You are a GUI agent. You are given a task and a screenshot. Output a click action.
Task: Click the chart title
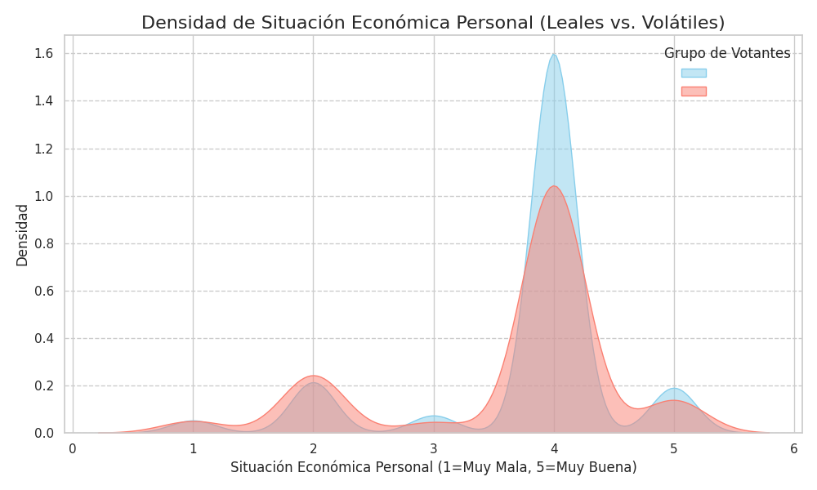[433, 22]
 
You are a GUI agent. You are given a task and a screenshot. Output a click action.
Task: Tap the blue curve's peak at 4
[554, 55]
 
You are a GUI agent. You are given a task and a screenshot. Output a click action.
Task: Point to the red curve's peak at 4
[554, 187]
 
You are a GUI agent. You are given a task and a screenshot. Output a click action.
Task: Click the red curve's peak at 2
[313, 376]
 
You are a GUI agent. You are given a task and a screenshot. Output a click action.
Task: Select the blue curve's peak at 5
[674, 388]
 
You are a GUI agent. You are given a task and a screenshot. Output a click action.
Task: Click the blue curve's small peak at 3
[434, 416]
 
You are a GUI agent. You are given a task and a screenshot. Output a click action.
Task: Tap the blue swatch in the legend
[694, 73]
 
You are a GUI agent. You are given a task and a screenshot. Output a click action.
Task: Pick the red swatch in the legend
[694, 91]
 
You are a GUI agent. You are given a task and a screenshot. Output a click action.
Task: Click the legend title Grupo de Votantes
[727, 54]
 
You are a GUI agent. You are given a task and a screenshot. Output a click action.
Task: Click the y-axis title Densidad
[23, 235]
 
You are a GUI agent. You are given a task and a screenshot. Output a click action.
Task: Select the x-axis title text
[433, 468]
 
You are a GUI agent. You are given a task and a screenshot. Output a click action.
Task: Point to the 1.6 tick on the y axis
[44, 53]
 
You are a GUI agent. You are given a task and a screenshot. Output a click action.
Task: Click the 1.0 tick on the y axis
[44, 196]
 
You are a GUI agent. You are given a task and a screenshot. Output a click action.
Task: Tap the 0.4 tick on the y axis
[44, 338]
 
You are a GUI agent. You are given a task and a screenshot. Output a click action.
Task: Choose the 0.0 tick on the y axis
[44, 433]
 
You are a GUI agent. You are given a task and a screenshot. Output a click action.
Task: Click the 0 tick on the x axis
[73, 448]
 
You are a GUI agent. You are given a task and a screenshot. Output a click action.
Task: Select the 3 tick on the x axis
[434, 448]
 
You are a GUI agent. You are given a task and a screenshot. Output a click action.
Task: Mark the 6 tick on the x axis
[794, 448]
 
